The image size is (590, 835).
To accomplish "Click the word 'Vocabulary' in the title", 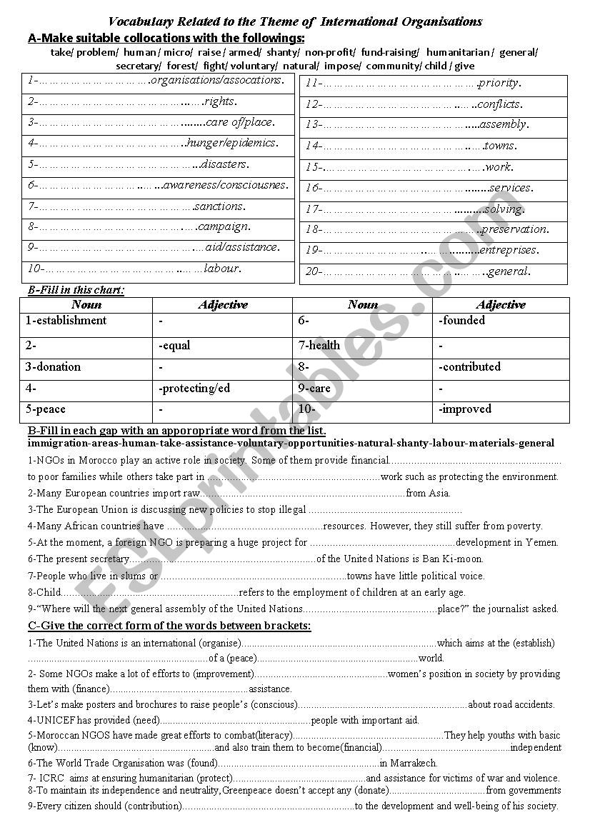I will pos(140,21).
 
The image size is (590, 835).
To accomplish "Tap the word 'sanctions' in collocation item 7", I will pos(219,206).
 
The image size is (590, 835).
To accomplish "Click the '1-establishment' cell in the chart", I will pos(66,321).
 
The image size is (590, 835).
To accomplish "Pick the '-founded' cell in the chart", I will pos(462,321).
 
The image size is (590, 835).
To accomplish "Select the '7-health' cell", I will pos(319,345).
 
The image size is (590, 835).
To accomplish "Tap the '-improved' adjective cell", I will pos(465,409).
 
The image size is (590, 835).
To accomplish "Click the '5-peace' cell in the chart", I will pos(46,409).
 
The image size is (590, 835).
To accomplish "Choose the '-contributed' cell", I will pos(469,367).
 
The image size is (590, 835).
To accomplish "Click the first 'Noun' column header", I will pos(86,305).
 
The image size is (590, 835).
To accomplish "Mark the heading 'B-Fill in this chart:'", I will pos(76,290).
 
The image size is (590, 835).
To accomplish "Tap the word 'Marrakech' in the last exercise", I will pos(413,763).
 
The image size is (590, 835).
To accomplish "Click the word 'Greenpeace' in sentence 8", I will pos(248,791).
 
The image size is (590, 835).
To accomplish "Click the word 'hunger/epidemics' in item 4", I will pos(231,143).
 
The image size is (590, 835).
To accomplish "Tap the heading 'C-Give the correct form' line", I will pos(169,626).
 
